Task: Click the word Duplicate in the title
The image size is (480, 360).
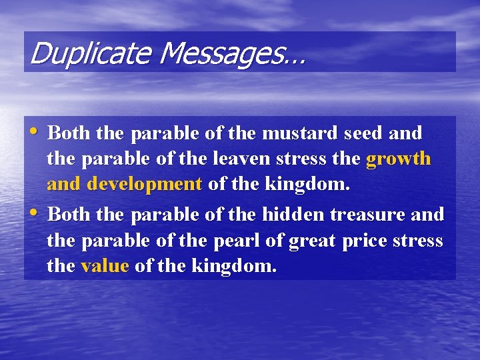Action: [74, 53]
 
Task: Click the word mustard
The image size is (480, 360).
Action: [300, 133]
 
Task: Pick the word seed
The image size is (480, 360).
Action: [363, 133]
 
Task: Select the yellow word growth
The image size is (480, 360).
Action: [399, 160]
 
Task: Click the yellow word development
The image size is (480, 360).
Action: [144, 184]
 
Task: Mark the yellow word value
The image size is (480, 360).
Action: [104, 267]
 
